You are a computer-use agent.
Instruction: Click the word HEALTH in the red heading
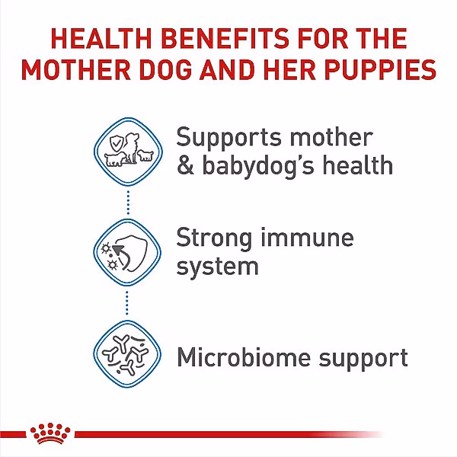click(101, 38)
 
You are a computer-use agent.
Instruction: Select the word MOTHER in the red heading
click(76, 69)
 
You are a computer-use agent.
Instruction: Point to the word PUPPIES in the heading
click(380, 69)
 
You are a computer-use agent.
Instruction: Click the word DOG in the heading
click(165, 69)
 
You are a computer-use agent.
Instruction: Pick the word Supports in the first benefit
click(229, 139)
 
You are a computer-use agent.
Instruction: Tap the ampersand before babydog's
click(185, 165)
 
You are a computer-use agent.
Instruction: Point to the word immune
click(307, 238)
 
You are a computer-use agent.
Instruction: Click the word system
click(217, 267)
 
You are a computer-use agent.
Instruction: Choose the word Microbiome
click(244, 356)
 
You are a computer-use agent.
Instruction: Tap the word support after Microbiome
click(363, 359)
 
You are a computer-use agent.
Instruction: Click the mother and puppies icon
click(128, 152)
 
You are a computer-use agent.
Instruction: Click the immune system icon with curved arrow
click(127, 253)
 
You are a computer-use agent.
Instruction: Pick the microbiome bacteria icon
click(127, 354)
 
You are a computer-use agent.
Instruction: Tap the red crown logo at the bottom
click(50, 433)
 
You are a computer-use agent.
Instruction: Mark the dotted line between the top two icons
click(128, 203)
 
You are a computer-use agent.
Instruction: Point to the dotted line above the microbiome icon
click(126, 303)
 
